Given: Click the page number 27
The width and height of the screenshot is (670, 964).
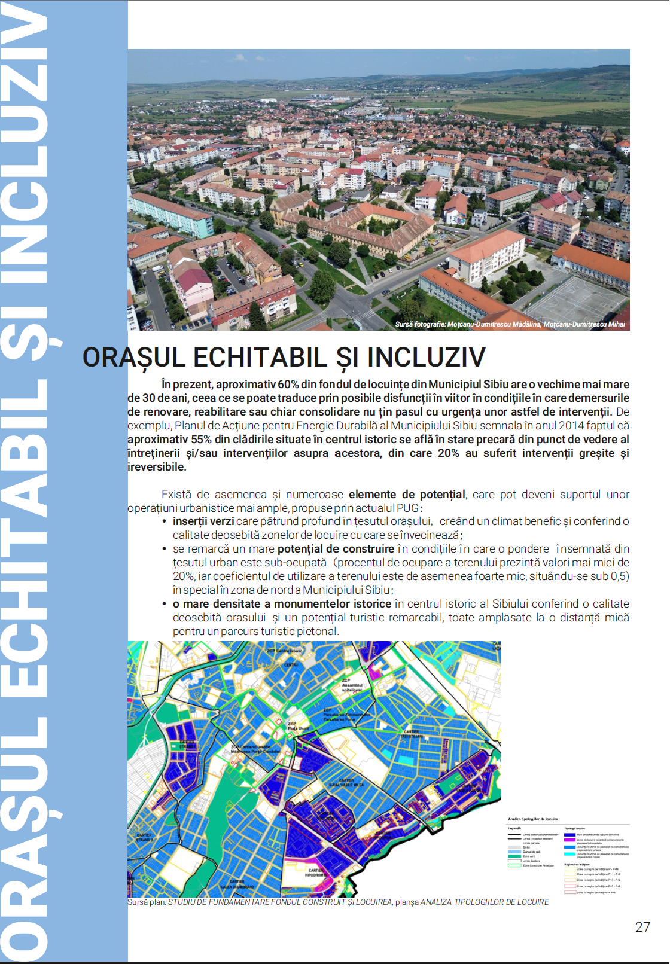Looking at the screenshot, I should pos(642,927).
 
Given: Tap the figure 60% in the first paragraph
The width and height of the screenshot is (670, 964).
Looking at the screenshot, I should pos(288,385).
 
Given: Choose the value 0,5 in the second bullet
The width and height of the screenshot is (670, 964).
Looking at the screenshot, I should pos(619,576).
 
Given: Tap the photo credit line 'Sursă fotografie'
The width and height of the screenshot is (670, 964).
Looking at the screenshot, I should pos(510,324).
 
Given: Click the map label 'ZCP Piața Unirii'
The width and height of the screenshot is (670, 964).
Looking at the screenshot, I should pos(299,726).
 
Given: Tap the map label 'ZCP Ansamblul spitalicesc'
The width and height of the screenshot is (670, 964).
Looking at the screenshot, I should pos(352,685).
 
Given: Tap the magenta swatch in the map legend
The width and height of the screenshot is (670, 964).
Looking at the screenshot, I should pos(569,840).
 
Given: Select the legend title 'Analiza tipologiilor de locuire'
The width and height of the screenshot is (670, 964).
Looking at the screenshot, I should pos(533,819).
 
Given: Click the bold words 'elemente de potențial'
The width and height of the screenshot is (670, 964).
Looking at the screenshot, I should pos(407,495).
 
